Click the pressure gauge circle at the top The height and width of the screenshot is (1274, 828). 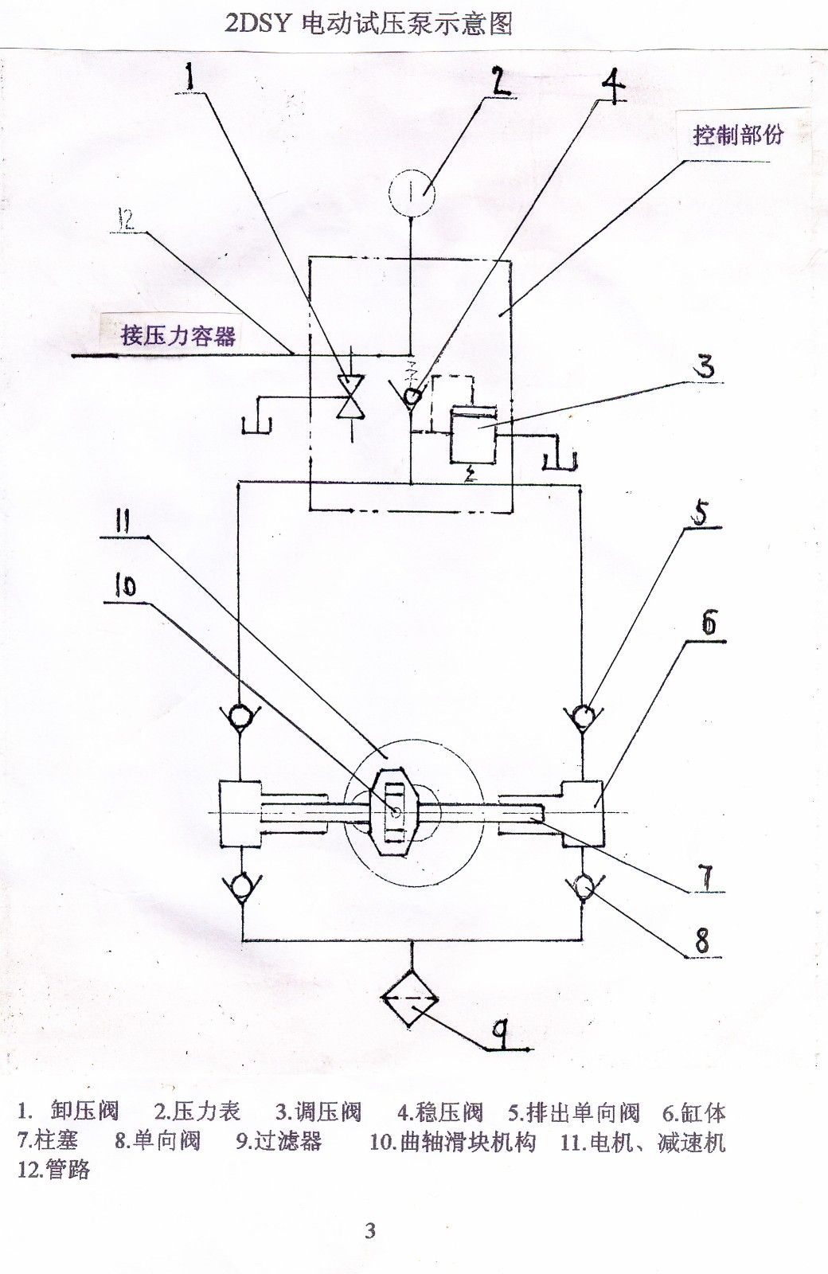point(412,193)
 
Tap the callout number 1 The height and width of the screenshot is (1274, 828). point(190,77)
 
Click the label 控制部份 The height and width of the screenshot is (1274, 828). point(738,135)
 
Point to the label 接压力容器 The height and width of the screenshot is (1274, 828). point(178,335)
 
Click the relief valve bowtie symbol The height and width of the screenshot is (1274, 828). point(348,396)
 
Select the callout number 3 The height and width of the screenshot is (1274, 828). point(705,367)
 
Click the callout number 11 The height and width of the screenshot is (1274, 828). point(122,522)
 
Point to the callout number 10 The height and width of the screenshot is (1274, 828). point(125,586)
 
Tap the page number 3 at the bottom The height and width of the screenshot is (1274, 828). point(370,1230)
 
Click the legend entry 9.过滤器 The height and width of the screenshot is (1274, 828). point(279,1141)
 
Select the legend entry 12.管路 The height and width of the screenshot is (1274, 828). point(54,1170)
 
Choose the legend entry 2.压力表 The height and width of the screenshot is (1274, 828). point(197,1112)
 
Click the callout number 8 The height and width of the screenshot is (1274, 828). point(701,941)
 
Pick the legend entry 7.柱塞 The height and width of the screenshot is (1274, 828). point(48,1141)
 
